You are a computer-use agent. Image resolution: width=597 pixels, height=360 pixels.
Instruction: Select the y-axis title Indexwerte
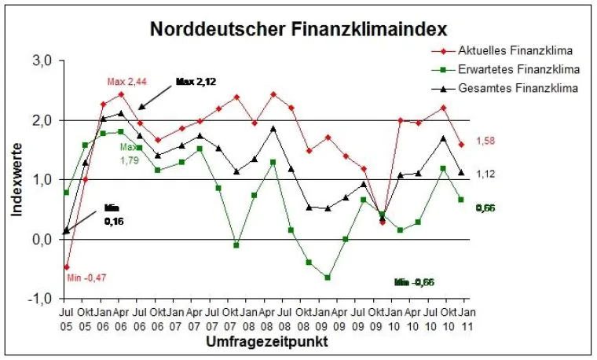[18, 180]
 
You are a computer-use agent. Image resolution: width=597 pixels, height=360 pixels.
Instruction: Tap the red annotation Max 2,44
[126, 81]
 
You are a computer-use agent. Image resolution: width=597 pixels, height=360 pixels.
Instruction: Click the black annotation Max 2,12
[196, 81]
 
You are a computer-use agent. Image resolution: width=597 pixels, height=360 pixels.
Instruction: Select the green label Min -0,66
[414, 282]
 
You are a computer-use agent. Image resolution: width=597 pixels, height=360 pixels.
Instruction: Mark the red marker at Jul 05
[66, 267]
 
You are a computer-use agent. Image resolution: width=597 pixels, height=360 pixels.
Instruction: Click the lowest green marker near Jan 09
[327, 277]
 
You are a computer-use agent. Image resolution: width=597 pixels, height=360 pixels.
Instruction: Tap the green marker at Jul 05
[66, 193]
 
